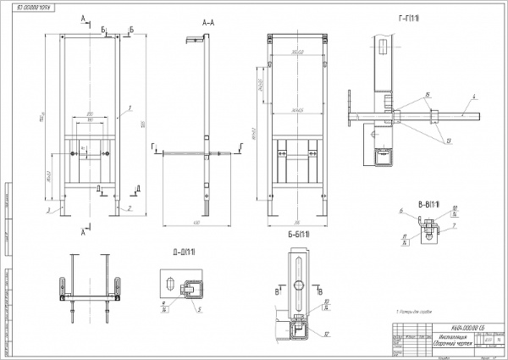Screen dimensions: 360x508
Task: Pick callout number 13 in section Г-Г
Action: click(448, 141)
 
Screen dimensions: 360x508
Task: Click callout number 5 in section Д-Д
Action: click(198, 309)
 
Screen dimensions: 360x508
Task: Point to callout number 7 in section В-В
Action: click(455, 226)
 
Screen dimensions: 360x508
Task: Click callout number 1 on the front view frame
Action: click(131, 108)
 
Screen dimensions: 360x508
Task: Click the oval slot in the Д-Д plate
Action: click(171, 282)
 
